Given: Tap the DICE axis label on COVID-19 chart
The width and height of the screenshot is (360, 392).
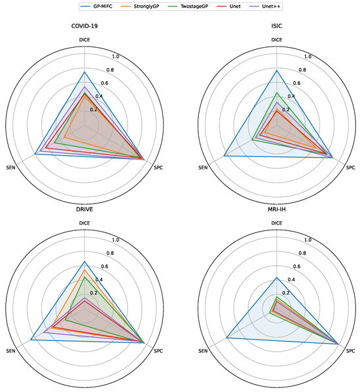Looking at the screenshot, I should (x=85, y=40).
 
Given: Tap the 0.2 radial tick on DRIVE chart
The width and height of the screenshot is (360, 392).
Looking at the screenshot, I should (x=93, y=293).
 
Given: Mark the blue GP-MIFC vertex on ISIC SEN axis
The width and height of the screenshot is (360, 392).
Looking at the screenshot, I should (x=225, y=156).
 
